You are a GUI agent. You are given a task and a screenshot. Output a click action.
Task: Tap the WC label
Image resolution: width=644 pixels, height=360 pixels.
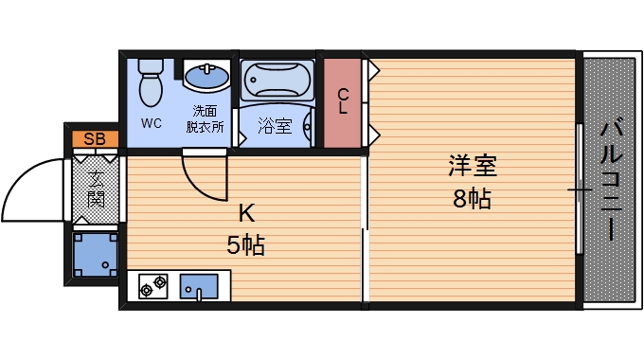point(152,123)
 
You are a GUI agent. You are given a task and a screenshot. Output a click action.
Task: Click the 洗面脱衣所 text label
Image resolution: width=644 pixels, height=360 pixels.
point(204,118)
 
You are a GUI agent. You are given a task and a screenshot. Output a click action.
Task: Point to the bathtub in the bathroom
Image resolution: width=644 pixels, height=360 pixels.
point(276,81)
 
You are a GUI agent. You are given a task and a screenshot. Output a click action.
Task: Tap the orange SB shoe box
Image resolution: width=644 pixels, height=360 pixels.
point(95,139)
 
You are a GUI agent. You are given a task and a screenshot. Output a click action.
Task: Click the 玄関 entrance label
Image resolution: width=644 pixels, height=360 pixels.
point(97,188)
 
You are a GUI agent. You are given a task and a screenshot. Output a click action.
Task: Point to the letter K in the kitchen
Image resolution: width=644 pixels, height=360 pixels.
point(245,212)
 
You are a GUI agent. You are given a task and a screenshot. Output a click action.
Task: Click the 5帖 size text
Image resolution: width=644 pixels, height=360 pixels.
point(245,245)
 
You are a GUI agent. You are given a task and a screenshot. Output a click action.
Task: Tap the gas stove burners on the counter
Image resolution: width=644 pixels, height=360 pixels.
point(153,285)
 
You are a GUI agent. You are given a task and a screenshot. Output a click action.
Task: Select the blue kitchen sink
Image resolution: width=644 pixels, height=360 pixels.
point(199,285)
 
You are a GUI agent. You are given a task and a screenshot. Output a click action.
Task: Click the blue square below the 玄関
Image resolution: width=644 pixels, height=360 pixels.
point(95,254)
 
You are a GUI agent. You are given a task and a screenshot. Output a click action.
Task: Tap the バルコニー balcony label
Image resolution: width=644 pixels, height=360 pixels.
point(610,177)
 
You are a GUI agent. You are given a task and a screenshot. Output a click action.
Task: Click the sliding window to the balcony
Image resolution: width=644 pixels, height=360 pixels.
point(579,189)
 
